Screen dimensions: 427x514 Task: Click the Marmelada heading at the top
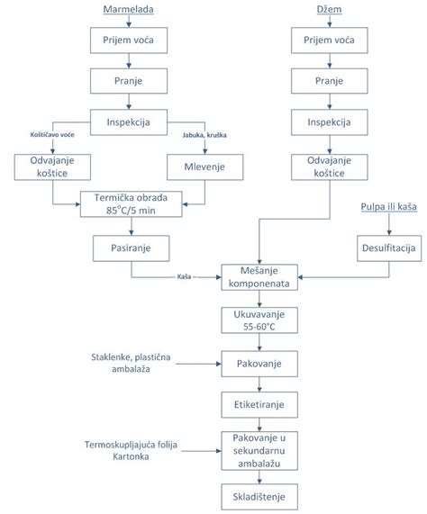pos(128,9)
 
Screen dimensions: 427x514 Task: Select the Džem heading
pos(330,9)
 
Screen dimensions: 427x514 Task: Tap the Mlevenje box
pos(205,167)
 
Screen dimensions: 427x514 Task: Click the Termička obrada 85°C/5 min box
pos(132,204)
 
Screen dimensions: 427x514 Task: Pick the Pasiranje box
pos(132,248)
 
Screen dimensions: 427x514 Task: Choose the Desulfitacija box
pos(389,248)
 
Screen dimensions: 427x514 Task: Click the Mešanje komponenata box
pos(259,277)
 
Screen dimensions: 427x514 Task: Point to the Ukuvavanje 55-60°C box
pos(259,320)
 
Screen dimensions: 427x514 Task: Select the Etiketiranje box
pos(259,404)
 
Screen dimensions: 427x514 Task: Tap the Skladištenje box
pos(259,497)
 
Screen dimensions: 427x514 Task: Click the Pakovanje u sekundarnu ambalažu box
pos(259,451)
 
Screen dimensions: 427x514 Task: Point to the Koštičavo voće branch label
pos(52,135)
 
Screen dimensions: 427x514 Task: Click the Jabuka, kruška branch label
pos(204,135)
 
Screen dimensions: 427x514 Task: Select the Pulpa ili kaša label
pos(389,207)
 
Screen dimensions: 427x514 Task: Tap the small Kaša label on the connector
pos(184,276)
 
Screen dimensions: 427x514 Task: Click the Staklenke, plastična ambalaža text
pos(131,363)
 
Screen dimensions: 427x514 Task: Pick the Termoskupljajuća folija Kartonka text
pos(131,450)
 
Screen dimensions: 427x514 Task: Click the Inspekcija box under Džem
pos(330,122)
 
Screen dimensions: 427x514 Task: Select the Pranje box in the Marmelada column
pos(129,81)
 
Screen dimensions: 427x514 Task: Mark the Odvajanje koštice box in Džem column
pos(330,167)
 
